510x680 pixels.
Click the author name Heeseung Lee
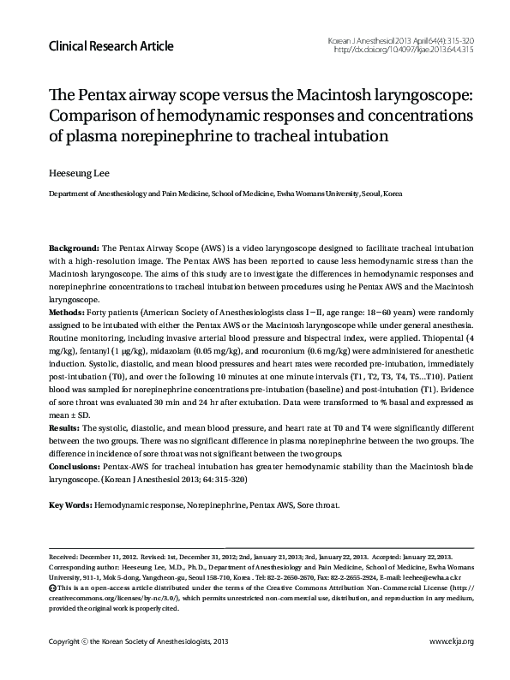pos(78,172)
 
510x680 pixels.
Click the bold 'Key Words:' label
pos(71,504)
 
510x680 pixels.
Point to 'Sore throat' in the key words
pos(318,504)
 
